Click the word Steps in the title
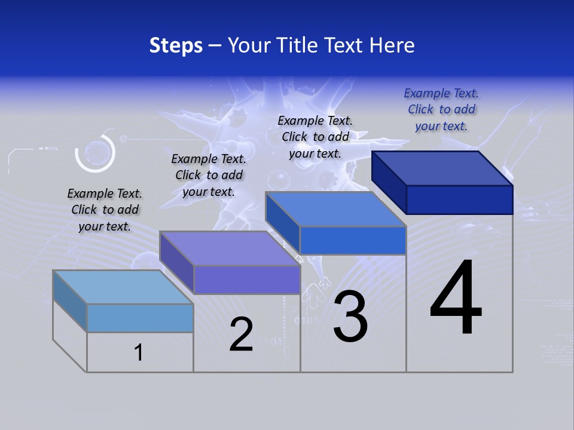[176, 45]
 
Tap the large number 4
[456, 299]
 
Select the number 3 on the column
[350, 317]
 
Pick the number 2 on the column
[241, 334]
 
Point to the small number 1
[139, 352]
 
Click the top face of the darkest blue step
[442, 168]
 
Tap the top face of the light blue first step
[123, 287]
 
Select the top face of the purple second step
[230, 248]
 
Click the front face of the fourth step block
[459, 199]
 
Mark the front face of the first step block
[140, 318]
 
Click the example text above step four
[441, 109]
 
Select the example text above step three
[315, 137]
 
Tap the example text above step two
[209, 175]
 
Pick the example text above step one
[105, 210]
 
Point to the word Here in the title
[391, 45]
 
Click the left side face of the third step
[282, 223]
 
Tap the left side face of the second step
[176, 263]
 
